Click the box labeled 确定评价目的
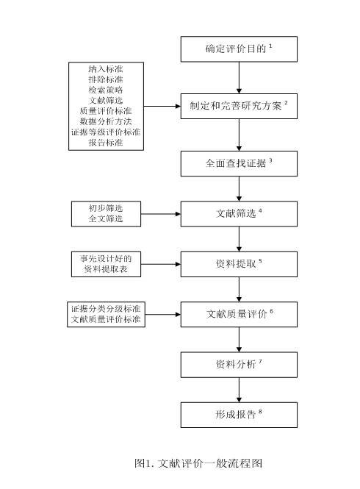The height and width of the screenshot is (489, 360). pos(239,49)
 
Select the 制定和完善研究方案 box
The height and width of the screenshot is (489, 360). pos(239,106)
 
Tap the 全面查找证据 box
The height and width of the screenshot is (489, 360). pos(239,164)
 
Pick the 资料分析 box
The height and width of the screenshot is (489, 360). pos(239,365)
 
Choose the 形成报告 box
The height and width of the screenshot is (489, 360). pos(239,415)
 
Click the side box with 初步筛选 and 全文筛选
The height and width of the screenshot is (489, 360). pos(106,214)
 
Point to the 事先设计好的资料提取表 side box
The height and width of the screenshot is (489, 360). pos(106,264)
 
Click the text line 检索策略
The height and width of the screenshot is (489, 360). pos(106,90)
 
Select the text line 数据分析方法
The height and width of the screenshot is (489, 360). pos(106,121)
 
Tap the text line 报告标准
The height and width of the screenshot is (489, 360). pos(106,143)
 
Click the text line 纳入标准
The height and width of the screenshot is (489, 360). pos(106,69)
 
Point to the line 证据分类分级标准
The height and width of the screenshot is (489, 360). pos(106,309)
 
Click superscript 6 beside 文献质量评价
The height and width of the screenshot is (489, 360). pos(272,311)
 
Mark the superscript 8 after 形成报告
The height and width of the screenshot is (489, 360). pos(260,412)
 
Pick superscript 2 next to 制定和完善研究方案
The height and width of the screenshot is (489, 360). pos(286,103)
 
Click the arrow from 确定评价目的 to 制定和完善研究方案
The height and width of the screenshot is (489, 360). pos(239,78)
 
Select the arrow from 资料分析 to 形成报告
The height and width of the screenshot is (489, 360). pos(239,390)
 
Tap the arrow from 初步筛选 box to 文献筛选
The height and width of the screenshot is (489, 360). pos(161,214)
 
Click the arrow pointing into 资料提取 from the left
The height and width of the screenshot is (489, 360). pos(161,264)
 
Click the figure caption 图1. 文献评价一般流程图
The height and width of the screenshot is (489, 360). pos(198,463)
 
